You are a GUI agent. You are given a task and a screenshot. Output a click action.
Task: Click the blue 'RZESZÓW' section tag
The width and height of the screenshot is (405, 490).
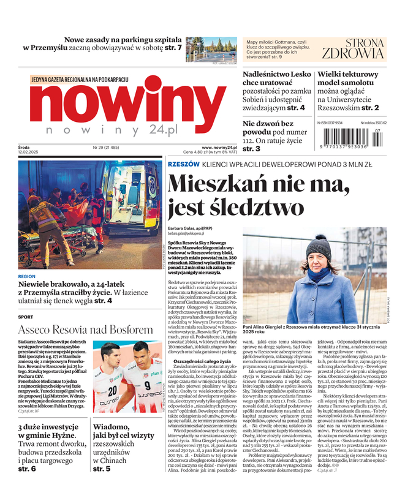183,165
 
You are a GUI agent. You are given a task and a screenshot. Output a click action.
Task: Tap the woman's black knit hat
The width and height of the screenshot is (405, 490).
319,246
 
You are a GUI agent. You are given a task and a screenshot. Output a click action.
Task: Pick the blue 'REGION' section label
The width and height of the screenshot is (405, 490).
27,276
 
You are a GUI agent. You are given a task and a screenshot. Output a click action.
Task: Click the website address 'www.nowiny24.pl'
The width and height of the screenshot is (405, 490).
219,148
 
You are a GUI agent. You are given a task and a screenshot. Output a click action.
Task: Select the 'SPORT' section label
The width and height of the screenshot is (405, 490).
26,317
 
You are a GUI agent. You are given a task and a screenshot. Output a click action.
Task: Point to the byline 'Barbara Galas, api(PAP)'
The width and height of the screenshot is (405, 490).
191,228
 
